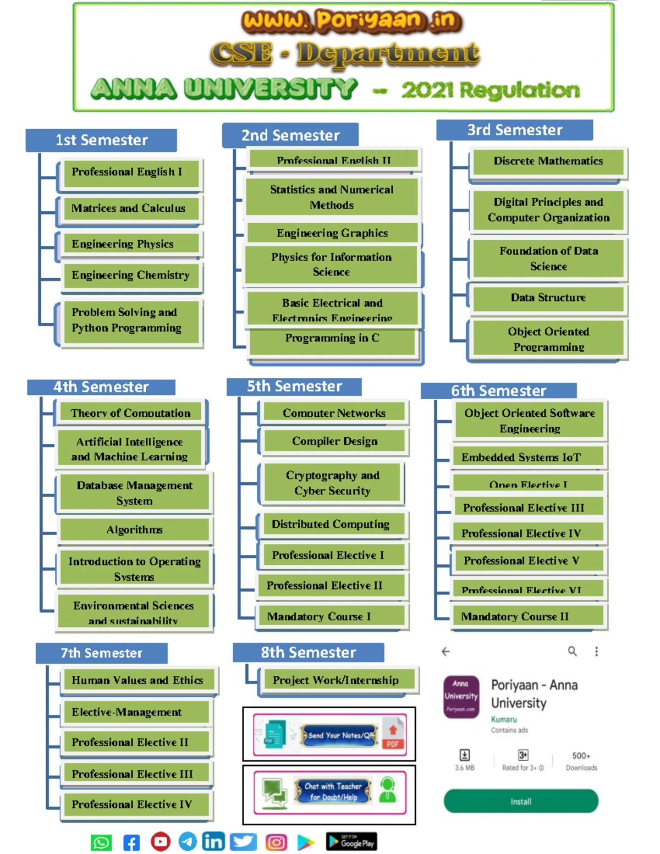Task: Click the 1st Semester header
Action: coord(101,140)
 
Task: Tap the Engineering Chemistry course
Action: coord(131,275)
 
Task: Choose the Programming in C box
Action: coord(332,339)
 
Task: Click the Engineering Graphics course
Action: coord(332,233)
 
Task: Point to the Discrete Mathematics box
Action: coord(548,161)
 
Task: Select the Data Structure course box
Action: coord(548,298)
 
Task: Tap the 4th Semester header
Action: coord(101,387)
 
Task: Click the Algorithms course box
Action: coord(134,530)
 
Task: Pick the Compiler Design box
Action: coord(334,441)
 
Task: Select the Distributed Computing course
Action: coord(331,525)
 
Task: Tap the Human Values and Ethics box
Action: coord(137,680)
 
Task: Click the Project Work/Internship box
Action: coord(336,680)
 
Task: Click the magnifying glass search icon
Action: coord(573,652)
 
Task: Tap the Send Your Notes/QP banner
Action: coord(329,735)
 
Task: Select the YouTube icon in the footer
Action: coord(161,841)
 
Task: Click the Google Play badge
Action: coord(351,842)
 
